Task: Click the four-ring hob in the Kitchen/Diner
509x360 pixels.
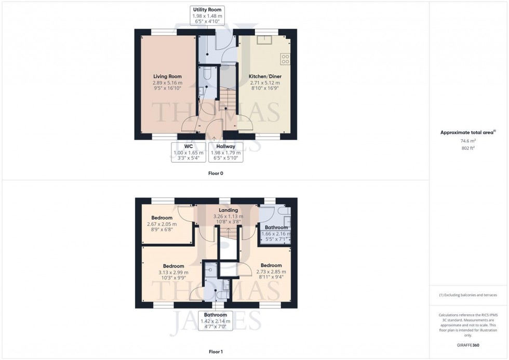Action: [x=285, y=59]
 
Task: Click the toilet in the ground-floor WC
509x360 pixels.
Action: [x=206, y=72]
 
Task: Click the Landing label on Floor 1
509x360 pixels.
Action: [x=229, y=210]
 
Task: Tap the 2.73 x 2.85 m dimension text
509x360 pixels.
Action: [x=271, y=272]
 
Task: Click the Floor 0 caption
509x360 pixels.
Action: [x=215, y=173]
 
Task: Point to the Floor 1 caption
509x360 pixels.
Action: [x=215, y=352]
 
